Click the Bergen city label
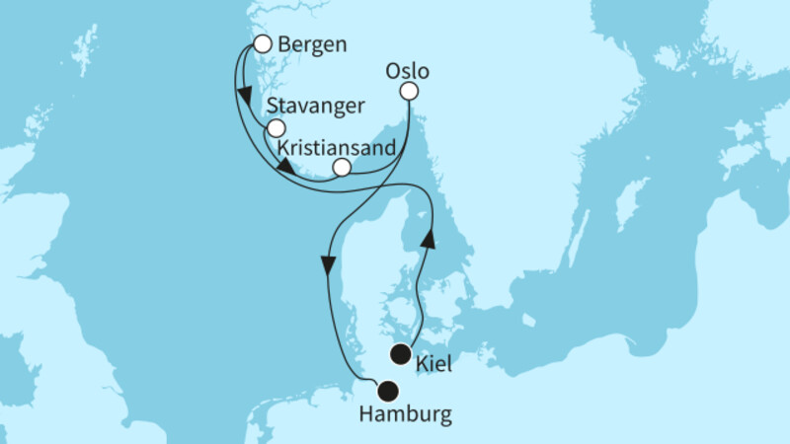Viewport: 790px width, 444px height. coord(311,44)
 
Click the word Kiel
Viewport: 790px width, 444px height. coord(435,364)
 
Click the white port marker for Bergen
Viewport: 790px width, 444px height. coord(263,43)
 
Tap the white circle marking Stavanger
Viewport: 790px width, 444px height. coord(276,128)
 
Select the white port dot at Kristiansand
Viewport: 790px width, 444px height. coord(342,168)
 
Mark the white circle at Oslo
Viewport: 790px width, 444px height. coord(408,92)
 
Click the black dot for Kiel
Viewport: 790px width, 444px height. coord(401,355)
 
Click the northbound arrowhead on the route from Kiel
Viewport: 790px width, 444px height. coord(429,239)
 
